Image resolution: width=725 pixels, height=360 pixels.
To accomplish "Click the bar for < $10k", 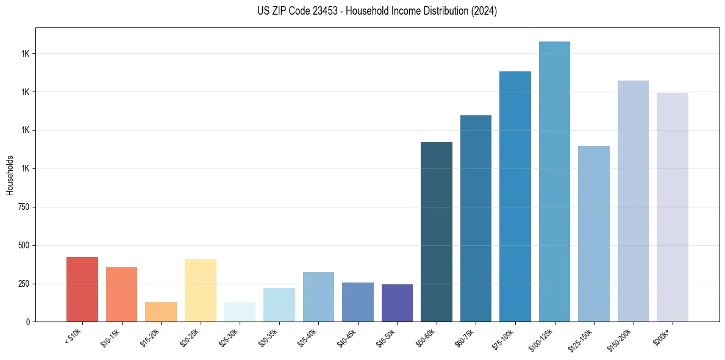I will pos(82,289).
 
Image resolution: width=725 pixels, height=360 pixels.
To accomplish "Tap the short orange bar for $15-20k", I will pos(161,312).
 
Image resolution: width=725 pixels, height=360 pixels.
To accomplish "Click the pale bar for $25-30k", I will pos(240,312).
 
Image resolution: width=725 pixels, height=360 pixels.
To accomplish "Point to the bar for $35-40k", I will pos(318,297).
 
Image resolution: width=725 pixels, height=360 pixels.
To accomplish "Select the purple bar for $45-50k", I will pos(397,303).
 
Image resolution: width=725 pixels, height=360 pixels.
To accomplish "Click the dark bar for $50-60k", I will pos(437,232).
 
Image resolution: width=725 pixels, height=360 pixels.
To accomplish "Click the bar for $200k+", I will pos(673,207).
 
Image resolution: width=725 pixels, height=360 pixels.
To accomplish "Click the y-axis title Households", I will pos(10,175).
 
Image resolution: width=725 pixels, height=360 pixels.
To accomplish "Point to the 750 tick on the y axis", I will pos(24,207).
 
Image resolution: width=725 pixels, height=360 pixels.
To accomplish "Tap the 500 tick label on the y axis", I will pos(24,245).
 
